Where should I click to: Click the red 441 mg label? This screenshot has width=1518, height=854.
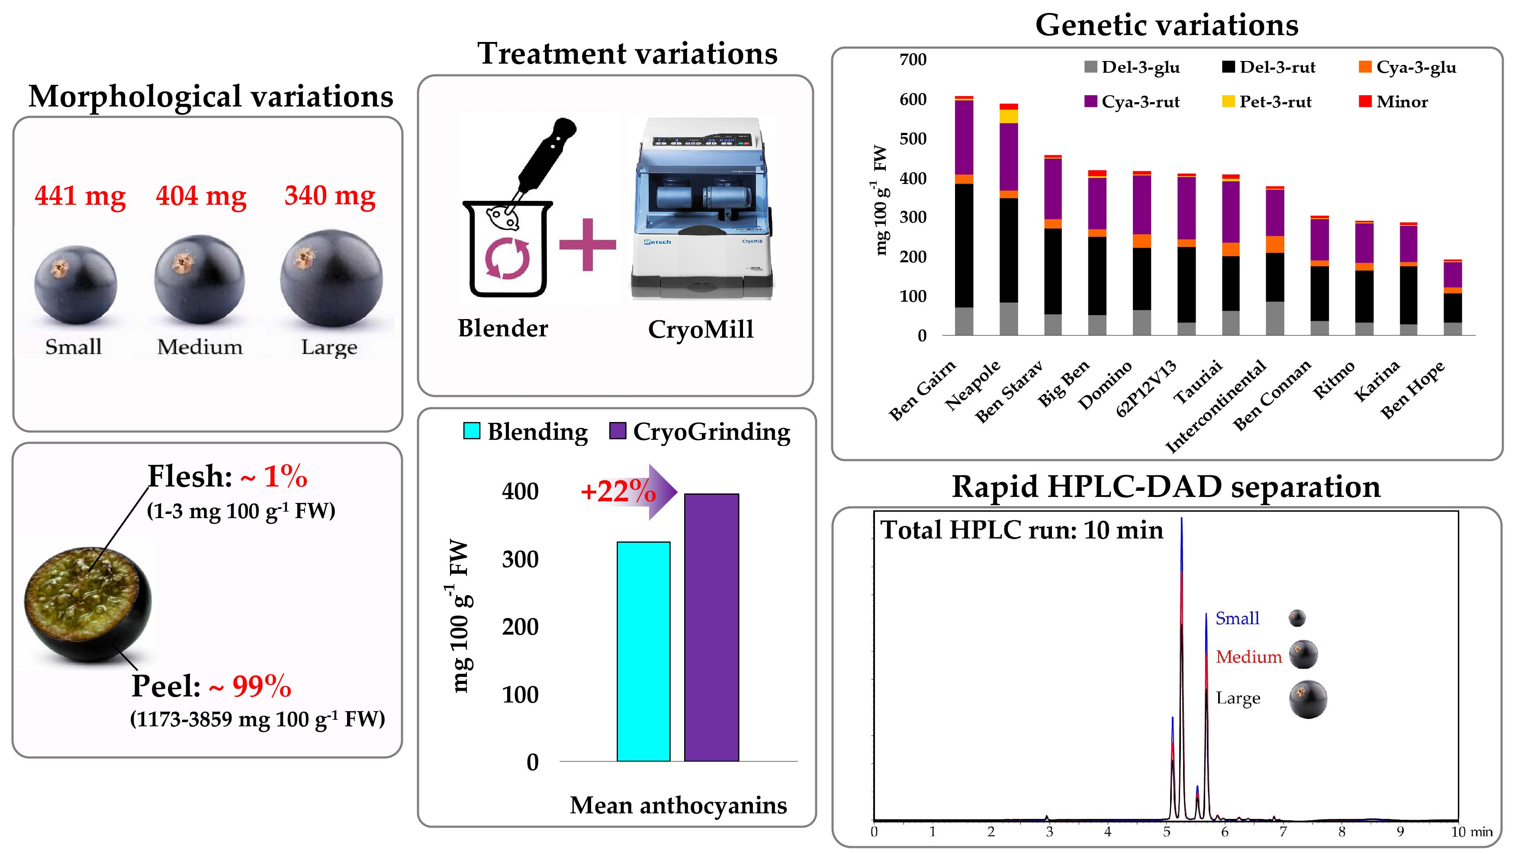(80, 196)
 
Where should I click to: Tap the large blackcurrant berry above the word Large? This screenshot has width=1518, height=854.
(331, 278)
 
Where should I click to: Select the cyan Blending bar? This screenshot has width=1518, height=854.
(643, 651)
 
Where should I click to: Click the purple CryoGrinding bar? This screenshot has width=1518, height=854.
(711, 627)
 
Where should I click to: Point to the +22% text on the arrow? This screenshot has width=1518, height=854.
(618, 491)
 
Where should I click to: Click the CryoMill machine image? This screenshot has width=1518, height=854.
(702, 209)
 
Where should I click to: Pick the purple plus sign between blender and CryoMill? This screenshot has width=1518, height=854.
(588, 245)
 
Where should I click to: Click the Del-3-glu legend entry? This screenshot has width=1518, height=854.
(1132, 67)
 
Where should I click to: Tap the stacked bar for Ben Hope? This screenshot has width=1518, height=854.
(1453, 298)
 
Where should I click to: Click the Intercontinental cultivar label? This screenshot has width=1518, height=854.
(1216, 407)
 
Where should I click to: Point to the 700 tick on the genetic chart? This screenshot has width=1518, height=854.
(913, 60)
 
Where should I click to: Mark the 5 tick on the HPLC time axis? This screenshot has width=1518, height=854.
(1167, 831)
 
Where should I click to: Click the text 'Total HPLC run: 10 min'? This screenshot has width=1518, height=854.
(1021, 530)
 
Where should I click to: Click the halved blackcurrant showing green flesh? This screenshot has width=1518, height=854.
(88, 605)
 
